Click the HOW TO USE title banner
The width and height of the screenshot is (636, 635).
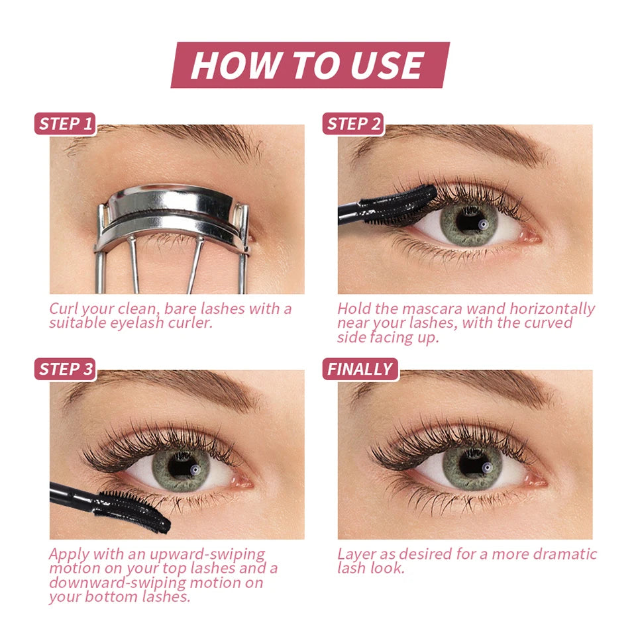[x=309, y=65]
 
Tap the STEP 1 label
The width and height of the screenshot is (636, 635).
[x=65, y=124]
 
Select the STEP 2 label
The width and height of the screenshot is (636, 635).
[x=354, y=124]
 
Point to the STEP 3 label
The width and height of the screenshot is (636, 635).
[x=65, y=369]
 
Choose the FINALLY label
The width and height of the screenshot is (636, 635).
[x=360, y=369]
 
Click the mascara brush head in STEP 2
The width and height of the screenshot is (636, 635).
[x=404, y=202]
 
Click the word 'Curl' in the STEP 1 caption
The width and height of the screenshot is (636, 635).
[x=64, y=309]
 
